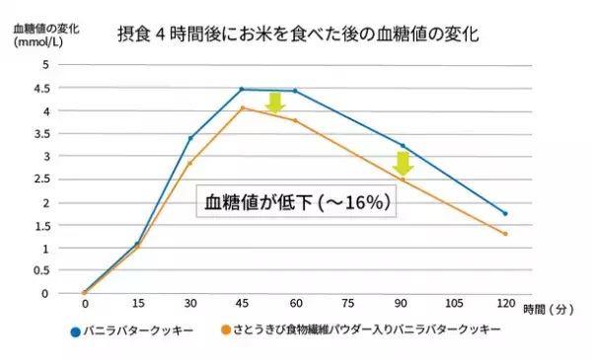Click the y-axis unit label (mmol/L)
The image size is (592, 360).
point(38,42)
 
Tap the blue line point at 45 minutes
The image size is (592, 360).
point(242,89)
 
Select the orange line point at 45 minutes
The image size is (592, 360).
point(242,108)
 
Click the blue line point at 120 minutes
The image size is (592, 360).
point(505,213)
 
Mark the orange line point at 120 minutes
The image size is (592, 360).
point(505,234)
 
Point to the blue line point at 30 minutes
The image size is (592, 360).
point(189,138)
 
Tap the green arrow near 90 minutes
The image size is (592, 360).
point(402,162)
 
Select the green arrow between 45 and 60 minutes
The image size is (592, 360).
point(275,101)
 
